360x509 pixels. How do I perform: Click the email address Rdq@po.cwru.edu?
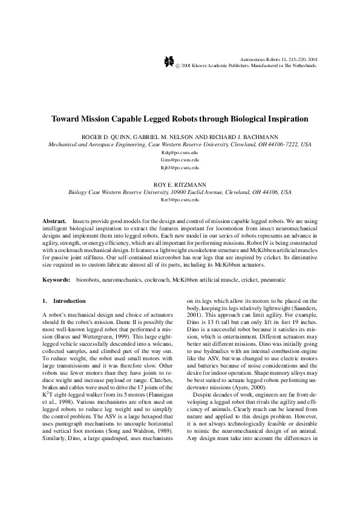[180, 153]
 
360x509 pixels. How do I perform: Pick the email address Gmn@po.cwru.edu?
[180, 160]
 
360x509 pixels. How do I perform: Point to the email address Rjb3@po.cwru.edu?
[180, 167]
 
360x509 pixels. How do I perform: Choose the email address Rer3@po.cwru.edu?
[180, 199]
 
